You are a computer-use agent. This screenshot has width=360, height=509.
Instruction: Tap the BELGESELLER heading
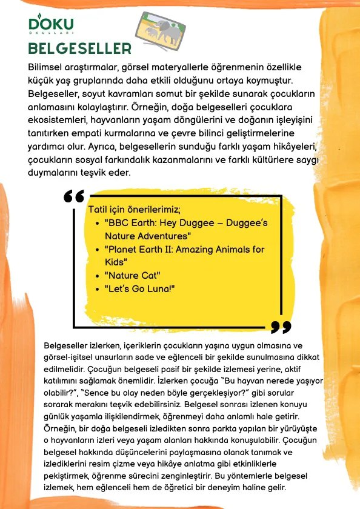click(80, 48)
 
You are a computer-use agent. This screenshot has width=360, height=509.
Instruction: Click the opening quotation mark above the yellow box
click(73, 198)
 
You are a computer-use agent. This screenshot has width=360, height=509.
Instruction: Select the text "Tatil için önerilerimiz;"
click(135, 210)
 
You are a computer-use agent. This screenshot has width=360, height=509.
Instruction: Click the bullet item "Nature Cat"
click(130, 275)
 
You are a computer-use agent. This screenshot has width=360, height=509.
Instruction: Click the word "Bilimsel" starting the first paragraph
click(49, 66)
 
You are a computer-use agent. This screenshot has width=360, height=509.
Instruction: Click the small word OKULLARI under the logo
click(52, 35)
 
